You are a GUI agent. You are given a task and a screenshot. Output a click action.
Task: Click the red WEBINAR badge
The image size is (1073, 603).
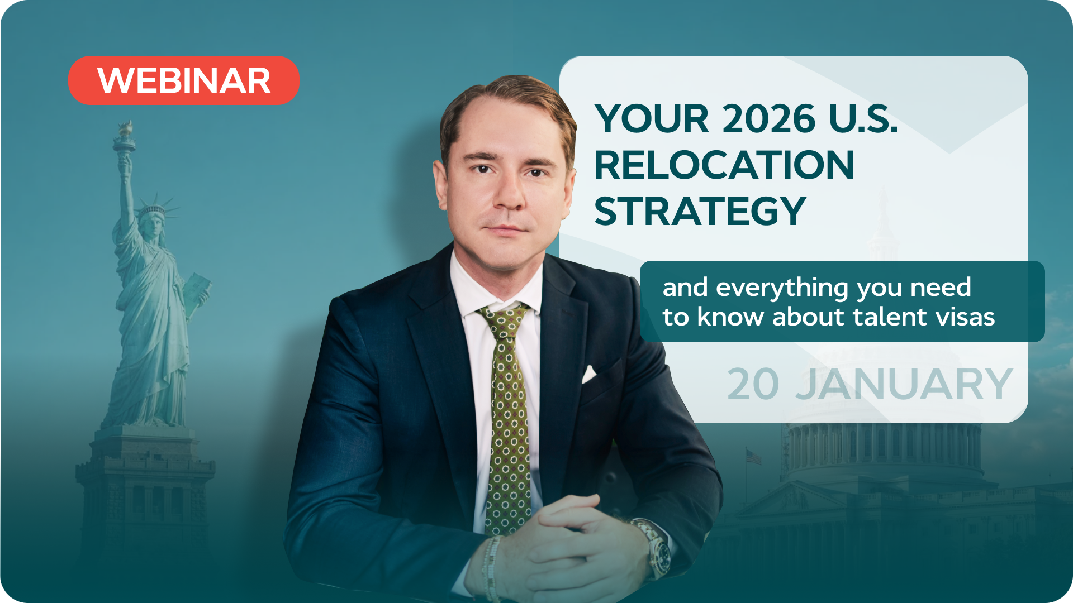click(183, 80)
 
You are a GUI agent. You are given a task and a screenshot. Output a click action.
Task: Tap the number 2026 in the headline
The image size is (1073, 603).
click(768, 118)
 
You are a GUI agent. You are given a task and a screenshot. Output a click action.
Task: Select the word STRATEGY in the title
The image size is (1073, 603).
click(700, 211)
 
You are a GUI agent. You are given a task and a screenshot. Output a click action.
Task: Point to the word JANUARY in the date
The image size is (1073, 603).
click(904, 384)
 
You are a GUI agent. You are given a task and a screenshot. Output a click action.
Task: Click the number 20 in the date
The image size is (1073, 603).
click(753, 384)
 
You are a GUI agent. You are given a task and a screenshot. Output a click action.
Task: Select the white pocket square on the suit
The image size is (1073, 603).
click(589, 374)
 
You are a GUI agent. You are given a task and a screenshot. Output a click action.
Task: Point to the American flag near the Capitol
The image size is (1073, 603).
click(753, 457)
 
